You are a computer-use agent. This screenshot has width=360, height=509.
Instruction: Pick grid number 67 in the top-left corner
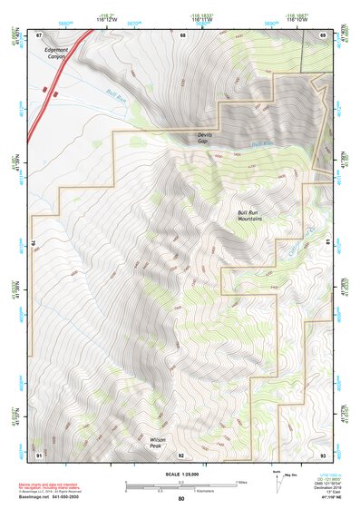coord(39,34)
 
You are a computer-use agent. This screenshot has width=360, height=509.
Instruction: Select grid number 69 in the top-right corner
coord(323,34)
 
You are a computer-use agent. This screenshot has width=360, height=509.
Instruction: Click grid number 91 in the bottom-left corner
coord(39,454)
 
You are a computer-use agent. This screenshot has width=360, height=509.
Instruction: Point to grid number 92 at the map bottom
coord(181,454)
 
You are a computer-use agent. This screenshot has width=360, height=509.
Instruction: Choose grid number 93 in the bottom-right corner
coord(323,454)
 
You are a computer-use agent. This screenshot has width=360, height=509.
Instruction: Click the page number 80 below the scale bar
coord(181,499)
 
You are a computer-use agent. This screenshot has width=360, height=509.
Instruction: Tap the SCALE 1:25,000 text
coord(181,473)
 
